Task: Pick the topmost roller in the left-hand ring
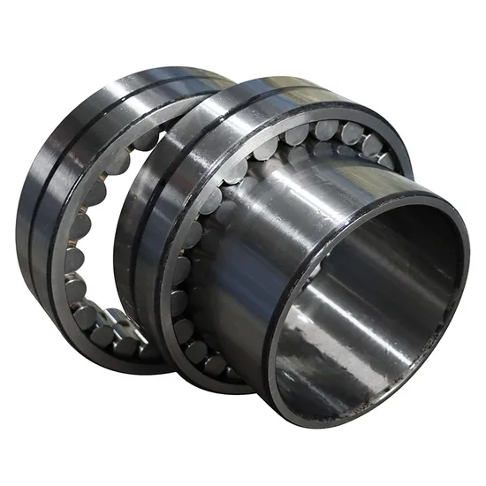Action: tap(141, 141)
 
